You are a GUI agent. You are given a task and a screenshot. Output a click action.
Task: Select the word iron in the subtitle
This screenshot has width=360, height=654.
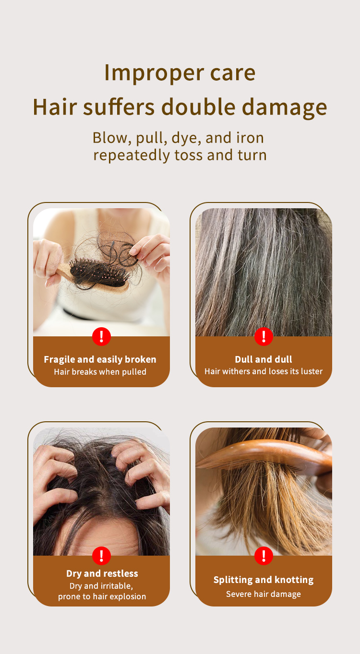pyautogui.click(x=250, y=138)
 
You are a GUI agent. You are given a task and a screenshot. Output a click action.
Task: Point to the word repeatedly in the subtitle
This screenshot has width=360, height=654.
pyautogui.click(x=132, y=155)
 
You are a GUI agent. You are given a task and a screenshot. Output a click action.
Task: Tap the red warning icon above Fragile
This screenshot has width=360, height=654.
pyautogui.click(x=101, y=336)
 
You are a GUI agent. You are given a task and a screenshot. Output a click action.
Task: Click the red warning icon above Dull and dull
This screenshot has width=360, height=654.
pyautogui.click(x=264, y=336)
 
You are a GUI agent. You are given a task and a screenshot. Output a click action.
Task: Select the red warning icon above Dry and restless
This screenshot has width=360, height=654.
pyautogui.click(x=101, y=556)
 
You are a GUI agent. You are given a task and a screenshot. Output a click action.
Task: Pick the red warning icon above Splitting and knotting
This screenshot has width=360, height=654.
pyautogui.click(x=264, y=556)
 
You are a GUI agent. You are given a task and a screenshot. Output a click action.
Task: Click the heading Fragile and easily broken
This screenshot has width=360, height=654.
pyautogui.click(x=100, y=359)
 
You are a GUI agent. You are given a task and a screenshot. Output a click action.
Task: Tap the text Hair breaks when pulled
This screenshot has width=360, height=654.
pyautogui.click(x=100, y=372)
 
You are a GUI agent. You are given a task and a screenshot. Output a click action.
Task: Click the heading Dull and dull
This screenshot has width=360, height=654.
pyautogui.click(x=264, y=359)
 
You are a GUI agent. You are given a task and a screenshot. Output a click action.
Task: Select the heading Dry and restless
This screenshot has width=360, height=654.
pyautogui.click(x=102, y=574)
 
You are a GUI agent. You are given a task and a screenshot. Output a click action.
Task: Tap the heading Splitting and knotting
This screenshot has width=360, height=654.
pyautogui.click(x=264, y=580)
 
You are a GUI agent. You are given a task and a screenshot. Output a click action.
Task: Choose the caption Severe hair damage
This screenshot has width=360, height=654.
pyautogui.click(x=264, y=594)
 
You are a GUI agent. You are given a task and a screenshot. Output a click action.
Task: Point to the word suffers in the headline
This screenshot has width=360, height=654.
pyautogui.click(x=119, y=107)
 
